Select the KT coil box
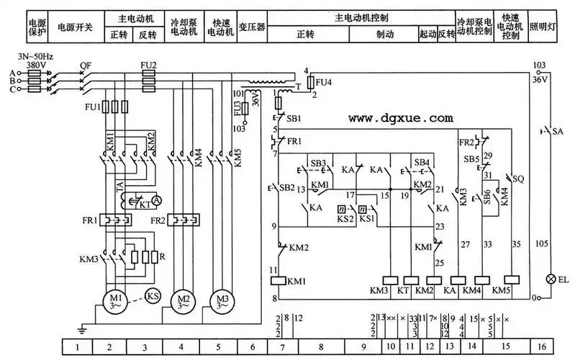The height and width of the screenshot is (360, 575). (x=411, y=280)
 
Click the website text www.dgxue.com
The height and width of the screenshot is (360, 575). (x=401, y=117)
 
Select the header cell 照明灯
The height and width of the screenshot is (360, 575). (x=543, y=27)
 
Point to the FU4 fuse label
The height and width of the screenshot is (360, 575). (x=325, y=82)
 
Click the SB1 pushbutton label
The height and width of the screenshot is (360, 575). (x=294, y=117)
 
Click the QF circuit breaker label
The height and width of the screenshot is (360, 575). (x=86, y=65)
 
